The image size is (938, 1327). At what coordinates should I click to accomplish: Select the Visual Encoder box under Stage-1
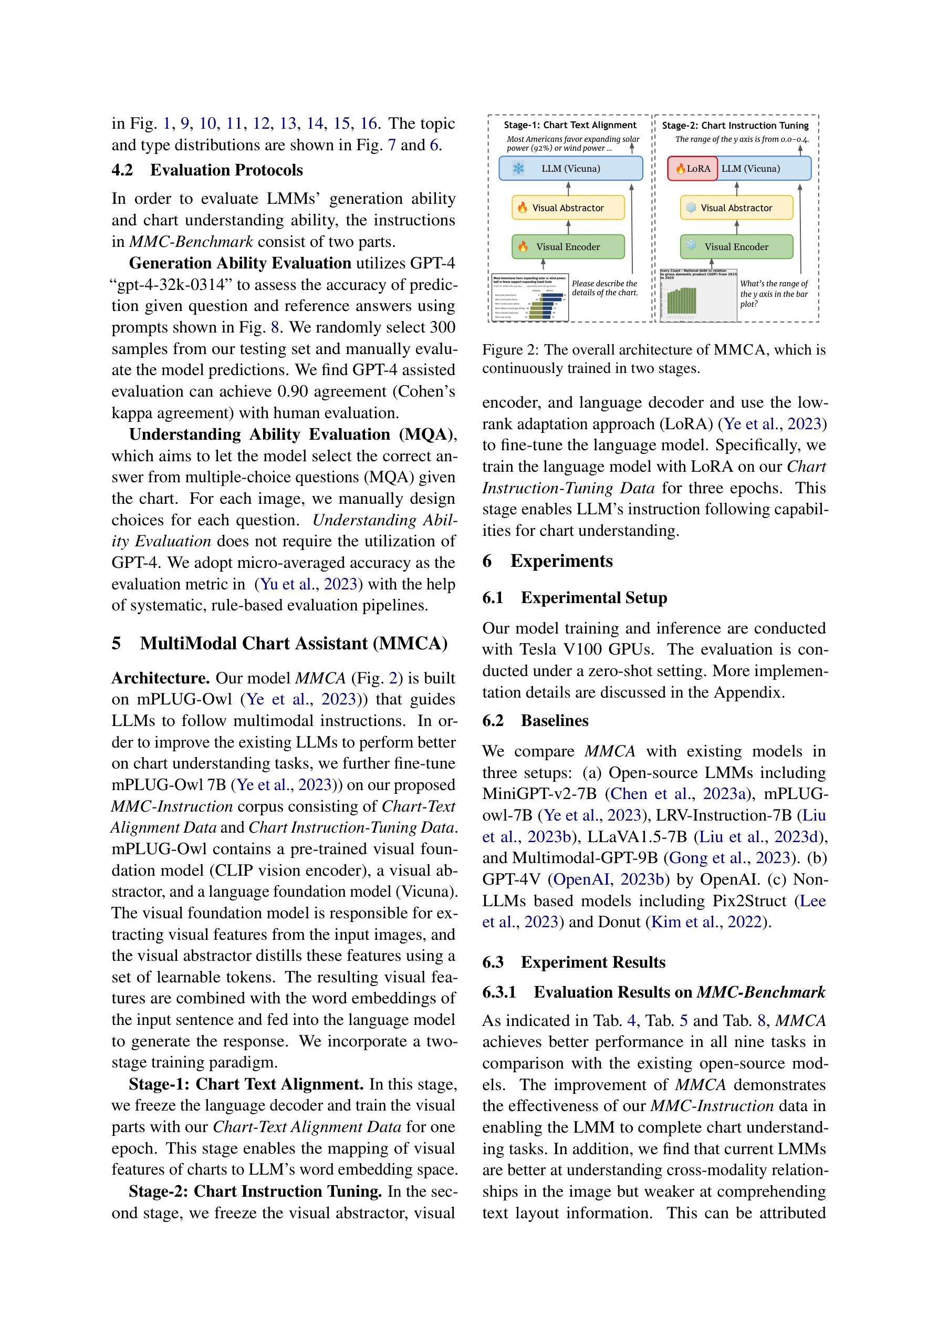pos(568,247)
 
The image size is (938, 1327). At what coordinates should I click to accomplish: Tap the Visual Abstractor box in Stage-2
pos(736,208)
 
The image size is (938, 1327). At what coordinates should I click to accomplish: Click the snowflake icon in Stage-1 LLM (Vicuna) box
pos(518,169)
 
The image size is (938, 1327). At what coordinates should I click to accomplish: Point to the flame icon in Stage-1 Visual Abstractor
pos(523,208)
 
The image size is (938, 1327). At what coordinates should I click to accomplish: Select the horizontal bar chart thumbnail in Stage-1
pos(529,298)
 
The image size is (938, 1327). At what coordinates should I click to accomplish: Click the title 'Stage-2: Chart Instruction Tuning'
pos(735,126)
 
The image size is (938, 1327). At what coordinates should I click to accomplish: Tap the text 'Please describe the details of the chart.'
pos(604,288)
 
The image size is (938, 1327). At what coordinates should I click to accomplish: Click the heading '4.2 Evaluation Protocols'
pos(207,170)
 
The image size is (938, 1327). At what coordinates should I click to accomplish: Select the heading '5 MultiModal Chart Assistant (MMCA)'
pos(279,643)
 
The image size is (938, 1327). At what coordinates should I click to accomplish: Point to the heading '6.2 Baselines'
pos(535,721)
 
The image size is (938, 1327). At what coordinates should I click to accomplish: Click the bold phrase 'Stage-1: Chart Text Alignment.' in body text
pos(246,1084)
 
